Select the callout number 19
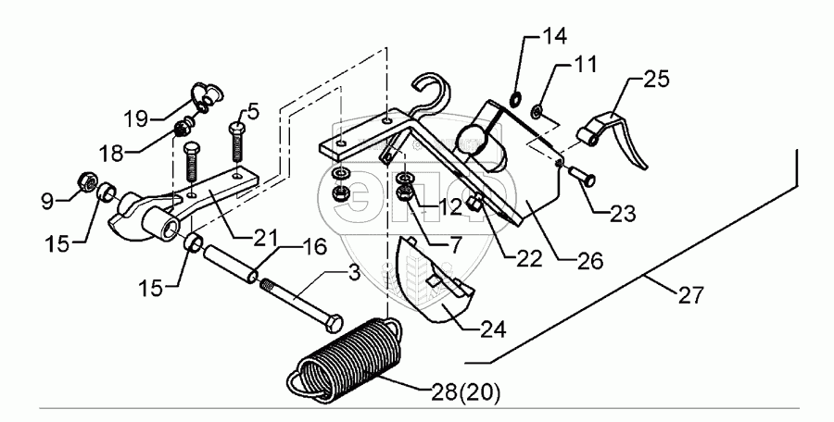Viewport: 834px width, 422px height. [x=137, y=118]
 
